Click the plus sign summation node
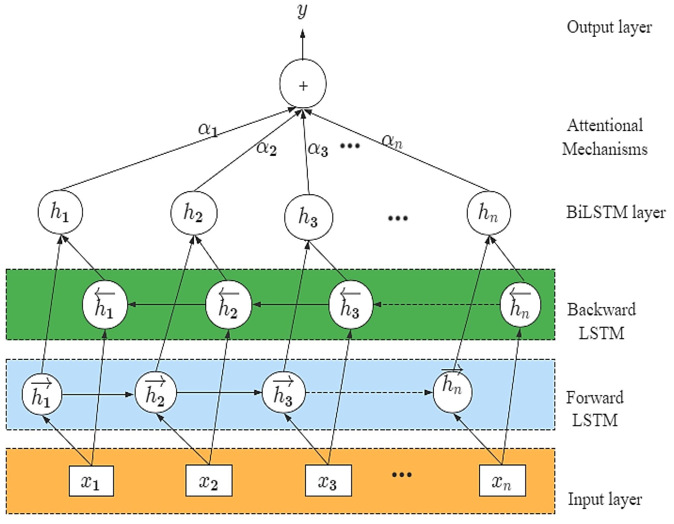tap(303, 84)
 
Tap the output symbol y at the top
tap(302, 11)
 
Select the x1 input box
tap(91, 481)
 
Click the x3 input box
tap(328, 481)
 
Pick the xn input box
tap(502, 481)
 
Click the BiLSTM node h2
tap(194, 213)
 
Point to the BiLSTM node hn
tap(488, 213)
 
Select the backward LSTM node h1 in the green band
tap(105, 305)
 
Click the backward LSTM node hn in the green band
tap(520, 305)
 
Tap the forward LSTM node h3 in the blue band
tap(283, 393)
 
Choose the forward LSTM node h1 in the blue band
tap(42, 394)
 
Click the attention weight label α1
tap(208, 129)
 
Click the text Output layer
tap(609, 27)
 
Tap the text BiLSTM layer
tap(615, 212)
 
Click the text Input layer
tap(604, 499)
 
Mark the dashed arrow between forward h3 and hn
tap(367, 393)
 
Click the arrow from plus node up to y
tap(302, 45)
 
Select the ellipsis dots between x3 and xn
tap(402, 475)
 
